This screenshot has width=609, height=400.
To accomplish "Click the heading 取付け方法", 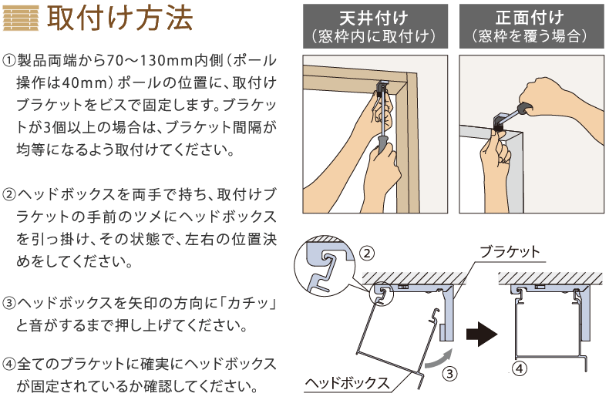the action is click(x=119, y=18).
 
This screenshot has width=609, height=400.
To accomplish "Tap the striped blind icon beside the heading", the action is click(x=21, y=18).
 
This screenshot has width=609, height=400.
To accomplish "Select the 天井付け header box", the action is click(x=375, y=26).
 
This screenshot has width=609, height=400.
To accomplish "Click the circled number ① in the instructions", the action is click(x=9, y=61).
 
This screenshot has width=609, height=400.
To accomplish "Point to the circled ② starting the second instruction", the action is click(x=9, y=194).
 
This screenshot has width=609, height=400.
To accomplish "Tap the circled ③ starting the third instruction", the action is click(x=9, y=303).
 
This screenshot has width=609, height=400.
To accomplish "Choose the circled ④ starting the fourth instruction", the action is click(x=9, y=365).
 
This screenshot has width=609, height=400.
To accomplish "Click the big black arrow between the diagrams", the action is click(x=482, y=334).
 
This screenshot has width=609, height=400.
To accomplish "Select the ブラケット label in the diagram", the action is click(x=510, y=252).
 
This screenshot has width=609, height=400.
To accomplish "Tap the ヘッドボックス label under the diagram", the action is click(x=347, y=383).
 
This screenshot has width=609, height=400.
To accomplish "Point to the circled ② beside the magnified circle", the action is click(x=367, y=254).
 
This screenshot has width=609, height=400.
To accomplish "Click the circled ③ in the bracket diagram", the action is click(x=449, y=374).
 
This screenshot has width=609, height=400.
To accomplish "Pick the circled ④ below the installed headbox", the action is click(x=520, y=368).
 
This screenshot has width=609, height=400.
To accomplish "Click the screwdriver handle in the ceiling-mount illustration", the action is click(x=382, y=143).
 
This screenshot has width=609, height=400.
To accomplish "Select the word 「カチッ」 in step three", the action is click(x=248, y=303).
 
